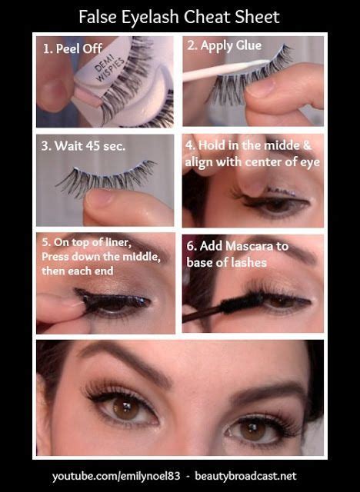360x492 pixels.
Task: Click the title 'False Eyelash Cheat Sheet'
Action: click(179, 16)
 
